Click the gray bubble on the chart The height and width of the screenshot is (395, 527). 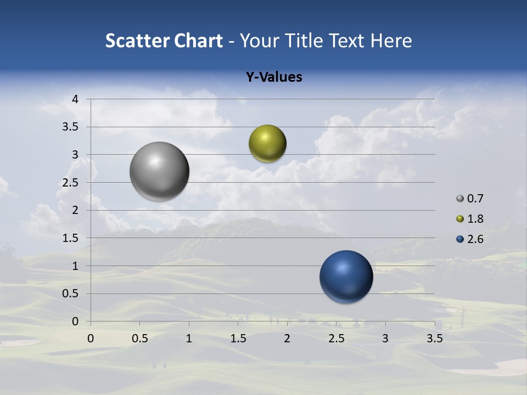coord(160,171)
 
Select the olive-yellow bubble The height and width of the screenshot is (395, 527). coord(267,144)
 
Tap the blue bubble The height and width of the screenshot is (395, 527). coord(346,276)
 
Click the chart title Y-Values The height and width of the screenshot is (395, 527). coord(274,77)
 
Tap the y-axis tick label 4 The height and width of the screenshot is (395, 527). coord(75,99)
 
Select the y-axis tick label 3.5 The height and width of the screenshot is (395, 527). coord(71,127)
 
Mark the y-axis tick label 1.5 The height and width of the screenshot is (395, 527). coord(71,238)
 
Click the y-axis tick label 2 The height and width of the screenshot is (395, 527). coord(75,210)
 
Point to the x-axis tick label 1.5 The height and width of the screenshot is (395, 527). coord(238,338)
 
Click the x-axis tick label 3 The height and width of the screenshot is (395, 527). coord(385,338)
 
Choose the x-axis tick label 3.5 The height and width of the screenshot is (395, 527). coord(434,338)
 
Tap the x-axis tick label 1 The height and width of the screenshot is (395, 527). coord(189,338)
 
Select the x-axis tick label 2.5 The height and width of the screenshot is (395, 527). coord(336,338)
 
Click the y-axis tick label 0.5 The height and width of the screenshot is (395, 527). coord(71,294)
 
